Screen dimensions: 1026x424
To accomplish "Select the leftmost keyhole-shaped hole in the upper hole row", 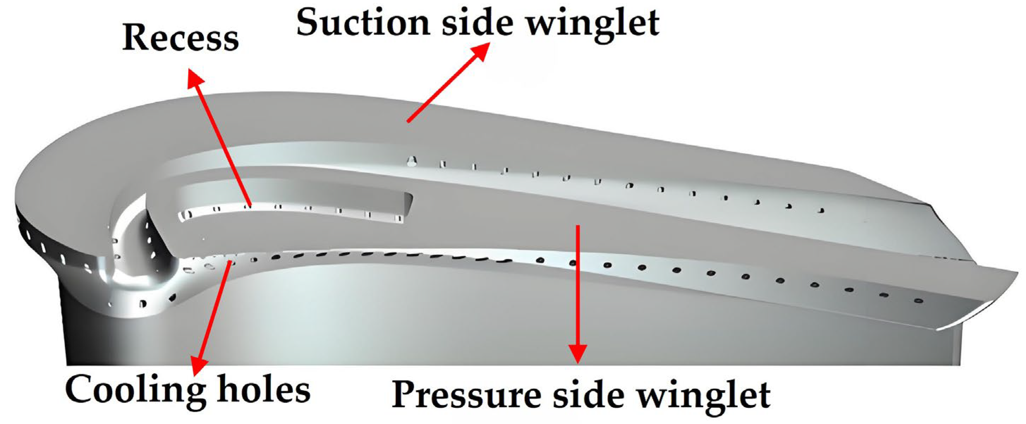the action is (x=412, y=161).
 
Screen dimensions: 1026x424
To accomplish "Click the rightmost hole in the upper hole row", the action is (x=820, y=210).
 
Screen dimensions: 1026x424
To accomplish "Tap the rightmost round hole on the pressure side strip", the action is (x=919, y=301).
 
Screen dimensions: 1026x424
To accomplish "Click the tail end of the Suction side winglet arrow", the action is (x=408, y=120).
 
